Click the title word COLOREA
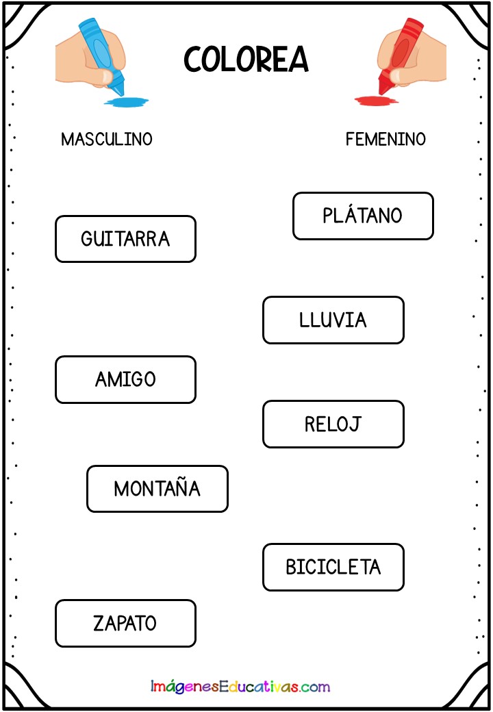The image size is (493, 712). [246, 60]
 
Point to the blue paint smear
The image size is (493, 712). [126, 101]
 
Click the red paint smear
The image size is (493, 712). [377, 101]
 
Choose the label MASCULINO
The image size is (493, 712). [107, 139]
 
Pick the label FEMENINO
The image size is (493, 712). [385, 139]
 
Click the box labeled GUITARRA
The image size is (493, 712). [126, 239]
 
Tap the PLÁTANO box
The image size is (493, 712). [363, 216]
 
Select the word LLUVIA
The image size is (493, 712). [333, 320]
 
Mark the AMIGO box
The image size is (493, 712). [126, 379]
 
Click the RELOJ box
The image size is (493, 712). [333, 424]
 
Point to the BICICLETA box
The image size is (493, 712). [333, 567]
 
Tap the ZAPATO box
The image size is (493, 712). [126, 623]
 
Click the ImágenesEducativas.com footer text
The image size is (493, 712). [240, 686]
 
